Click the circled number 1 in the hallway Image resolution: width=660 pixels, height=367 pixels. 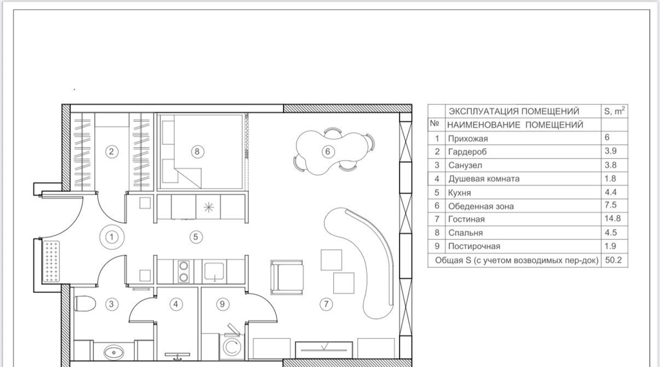pos(112,237)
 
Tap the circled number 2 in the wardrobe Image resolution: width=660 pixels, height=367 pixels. pos(111,152)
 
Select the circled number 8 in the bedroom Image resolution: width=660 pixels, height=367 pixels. pos(197,152)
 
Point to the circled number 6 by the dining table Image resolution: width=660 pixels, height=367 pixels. pos(328,152)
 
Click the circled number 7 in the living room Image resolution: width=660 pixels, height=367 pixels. pos(326,304)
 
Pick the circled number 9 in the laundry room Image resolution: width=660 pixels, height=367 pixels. pos(222,304)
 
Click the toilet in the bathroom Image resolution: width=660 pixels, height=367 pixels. pos(84,303)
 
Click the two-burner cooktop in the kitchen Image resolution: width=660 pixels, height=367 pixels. pos(184,271)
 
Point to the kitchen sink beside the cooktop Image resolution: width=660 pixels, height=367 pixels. pos(215,272)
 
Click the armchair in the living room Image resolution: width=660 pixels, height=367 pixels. pos(287,277)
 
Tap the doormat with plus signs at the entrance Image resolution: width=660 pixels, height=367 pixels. pos(52,261)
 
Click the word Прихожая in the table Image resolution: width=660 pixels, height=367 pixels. pos(468,139)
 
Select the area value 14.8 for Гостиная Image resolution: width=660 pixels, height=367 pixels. pos(612,218)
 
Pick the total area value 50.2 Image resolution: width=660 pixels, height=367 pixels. pos(613,260)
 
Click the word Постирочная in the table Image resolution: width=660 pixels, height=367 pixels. pos(474,246)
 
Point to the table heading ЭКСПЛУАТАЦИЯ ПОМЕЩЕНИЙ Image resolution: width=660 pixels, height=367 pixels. pos(514,111)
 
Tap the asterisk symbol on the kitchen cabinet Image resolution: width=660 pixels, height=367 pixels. pos(208,207)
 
